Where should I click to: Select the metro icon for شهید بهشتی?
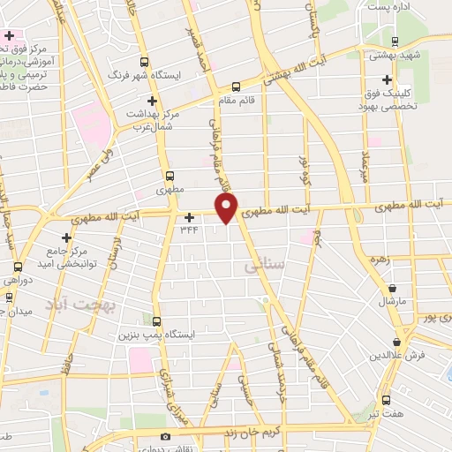(394, 41)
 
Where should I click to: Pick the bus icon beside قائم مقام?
(235, 87)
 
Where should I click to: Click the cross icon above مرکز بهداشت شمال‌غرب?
(153, 101)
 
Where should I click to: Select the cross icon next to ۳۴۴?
(189, 216)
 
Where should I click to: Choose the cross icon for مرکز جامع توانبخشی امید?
(67, 237)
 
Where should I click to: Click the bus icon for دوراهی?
(19, 267)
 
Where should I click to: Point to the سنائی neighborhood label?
(265, 262)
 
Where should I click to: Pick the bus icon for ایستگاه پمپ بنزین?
(156, 321)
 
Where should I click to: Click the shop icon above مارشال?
(392, 288)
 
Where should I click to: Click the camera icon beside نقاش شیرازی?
(164, 437)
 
